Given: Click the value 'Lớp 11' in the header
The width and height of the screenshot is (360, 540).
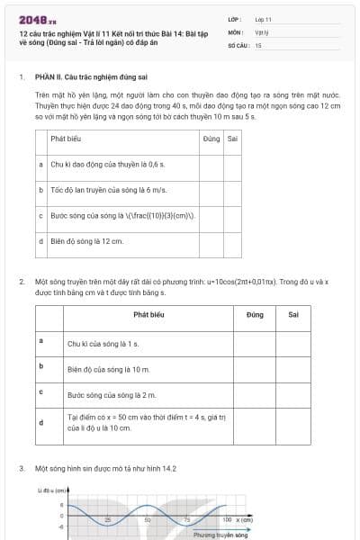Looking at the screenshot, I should point(264,18).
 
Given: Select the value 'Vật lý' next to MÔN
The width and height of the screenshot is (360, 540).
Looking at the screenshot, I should point(262,31).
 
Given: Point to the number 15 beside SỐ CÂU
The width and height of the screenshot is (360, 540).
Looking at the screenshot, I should point(258,44).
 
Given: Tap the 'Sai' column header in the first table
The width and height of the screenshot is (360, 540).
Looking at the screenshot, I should point(232,139).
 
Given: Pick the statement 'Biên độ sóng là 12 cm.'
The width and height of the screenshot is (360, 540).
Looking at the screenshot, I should point(86,241).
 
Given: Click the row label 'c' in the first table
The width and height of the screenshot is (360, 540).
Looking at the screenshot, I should point(41,216).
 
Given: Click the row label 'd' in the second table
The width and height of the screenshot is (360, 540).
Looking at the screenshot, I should point(41,421).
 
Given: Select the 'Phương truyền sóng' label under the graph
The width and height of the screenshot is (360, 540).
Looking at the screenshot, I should point(220,535).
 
